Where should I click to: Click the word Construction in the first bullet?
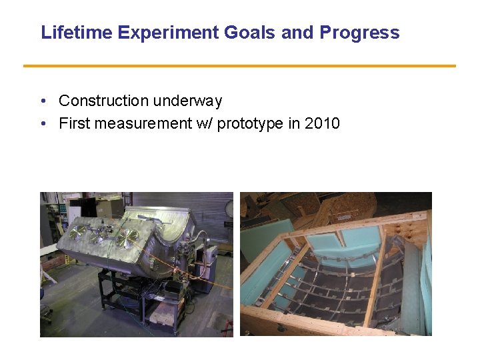[x=103, y=101]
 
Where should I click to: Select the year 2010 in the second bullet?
[x=322, y=123]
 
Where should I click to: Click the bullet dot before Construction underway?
[x=43, y=101]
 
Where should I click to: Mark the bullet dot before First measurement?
[x=43, y=124]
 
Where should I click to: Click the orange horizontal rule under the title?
[x=239, y=66]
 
